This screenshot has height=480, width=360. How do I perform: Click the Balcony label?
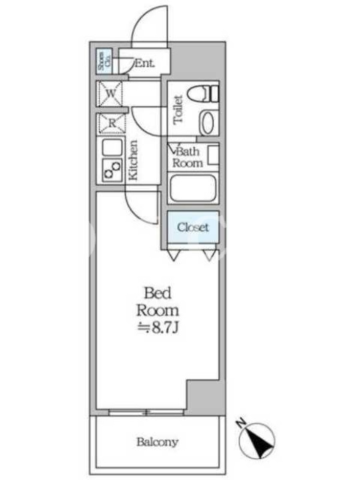point(157,442)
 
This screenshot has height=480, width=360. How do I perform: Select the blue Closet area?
point(193,227)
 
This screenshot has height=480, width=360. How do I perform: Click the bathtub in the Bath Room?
point(193,188)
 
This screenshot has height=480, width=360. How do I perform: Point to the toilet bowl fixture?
point(203,94)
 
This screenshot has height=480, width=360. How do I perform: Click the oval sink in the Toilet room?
point(208,123)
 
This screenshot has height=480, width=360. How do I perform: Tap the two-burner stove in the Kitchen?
point(112,170)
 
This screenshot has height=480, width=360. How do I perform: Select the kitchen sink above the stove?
point(112,148)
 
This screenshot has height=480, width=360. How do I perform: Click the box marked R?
point(112,124)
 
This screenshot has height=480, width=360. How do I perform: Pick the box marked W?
point(110,94)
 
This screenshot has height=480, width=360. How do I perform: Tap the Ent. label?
point(145,64)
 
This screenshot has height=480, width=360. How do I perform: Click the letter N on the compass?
point(242,424)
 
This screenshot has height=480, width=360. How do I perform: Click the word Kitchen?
point(133,160)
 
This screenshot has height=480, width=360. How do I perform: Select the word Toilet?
point(178,110)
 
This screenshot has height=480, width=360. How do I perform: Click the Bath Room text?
point(188,157)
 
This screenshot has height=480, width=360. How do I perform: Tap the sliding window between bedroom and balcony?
point(146,412)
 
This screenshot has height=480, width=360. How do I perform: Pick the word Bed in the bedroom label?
point(158,293)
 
